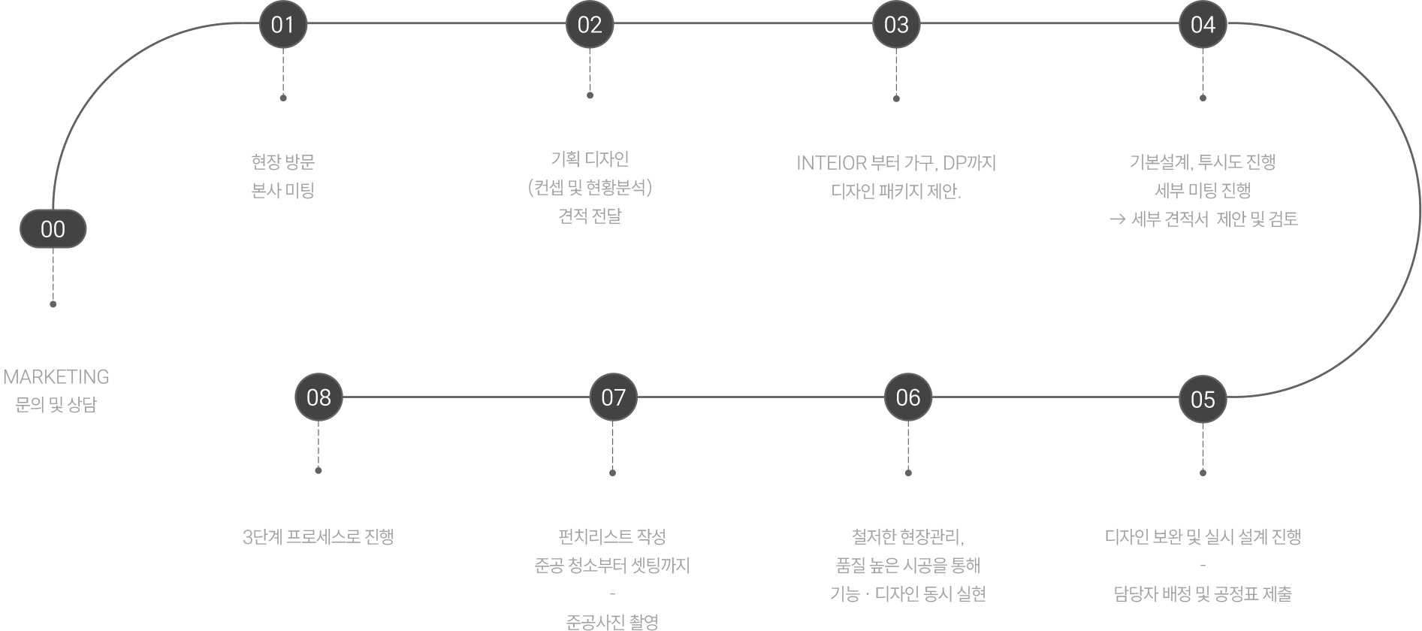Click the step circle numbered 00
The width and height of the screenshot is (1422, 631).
pyautogui.click(x=53, y=229)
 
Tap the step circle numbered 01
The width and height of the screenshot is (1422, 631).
pyautogui.click(x=282, y=25)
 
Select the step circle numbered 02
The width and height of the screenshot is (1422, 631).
pyautogui.click(x=590, y=25)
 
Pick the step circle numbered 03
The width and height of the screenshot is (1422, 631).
pyautogui.click(x=896, y=25)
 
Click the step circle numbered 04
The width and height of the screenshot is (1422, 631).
pyautogui.click(x=1203, y=25)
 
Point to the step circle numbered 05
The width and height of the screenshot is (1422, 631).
pyautogui.click(x=1203, y=399)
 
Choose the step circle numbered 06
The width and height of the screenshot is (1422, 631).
pyautogui.click(x=907, y=397)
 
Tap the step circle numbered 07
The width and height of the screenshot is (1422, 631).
pyautogui.click(x=613, y=397)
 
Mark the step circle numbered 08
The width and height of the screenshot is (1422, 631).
pyautogui.click(x=319, y=397)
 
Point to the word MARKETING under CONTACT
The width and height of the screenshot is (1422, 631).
pyautogui.click(x=56, y=376)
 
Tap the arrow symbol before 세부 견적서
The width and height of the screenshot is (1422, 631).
pyautogui.click(x=1117, y=219)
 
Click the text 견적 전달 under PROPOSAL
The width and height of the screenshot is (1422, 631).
pyautogui.click(x=590, y=216)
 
